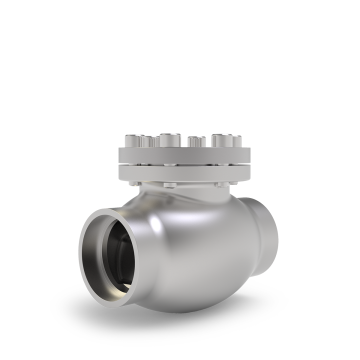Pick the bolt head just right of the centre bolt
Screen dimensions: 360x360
[x=196, y=140]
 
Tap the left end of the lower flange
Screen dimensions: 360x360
[x=119, y=171]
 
